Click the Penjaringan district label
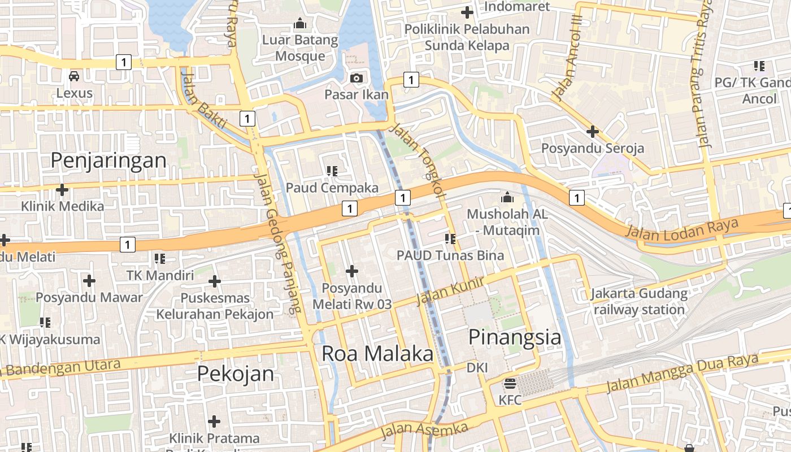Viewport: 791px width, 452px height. pyautogui.click(x=108, y=160)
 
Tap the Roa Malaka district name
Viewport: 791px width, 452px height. pyautogui.click(x=377, y=354)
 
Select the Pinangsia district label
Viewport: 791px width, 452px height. pyautogui.click(x=515, y=337)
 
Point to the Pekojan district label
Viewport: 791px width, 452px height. pyautogui.click(x=236, y=373)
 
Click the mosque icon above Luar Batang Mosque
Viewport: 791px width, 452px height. pyautogui.click(x=300, y=24)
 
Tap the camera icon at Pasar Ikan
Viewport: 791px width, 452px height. pyautogui.click(x=357, y=78)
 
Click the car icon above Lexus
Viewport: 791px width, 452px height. pyautogui.click(x=74, y=76)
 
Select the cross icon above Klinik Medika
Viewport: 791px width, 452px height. pyautogui.click(x=62, y=190)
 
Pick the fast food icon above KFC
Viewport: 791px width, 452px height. pyautogui.click(x=510, y=384)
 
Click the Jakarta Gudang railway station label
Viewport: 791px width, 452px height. pyautogui.click(x=639, y=302)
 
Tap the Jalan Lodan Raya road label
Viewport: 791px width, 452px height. pyautogui.click(x=682, y=228)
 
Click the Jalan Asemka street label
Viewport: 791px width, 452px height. pyautogui.click(x=424, y=431)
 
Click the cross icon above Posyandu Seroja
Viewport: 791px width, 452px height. pyautogui.click(x=593, y=132)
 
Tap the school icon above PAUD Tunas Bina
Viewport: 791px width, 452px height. pyautogui.click(x=450, y=239)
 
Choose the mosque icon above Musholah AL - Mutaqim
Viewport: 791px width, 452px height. pyautogui.click(x=507, y=198)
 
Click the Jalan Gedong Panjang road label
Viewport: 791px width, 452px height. pyautogui.click(x=277, y=243)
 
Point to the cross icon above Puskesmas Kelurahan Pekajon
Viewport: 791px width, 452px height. pyautogui.click(x=215, y=281)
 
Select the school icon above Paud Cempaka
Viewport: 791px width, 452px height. pyautogui.click(x=332, y=170)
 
